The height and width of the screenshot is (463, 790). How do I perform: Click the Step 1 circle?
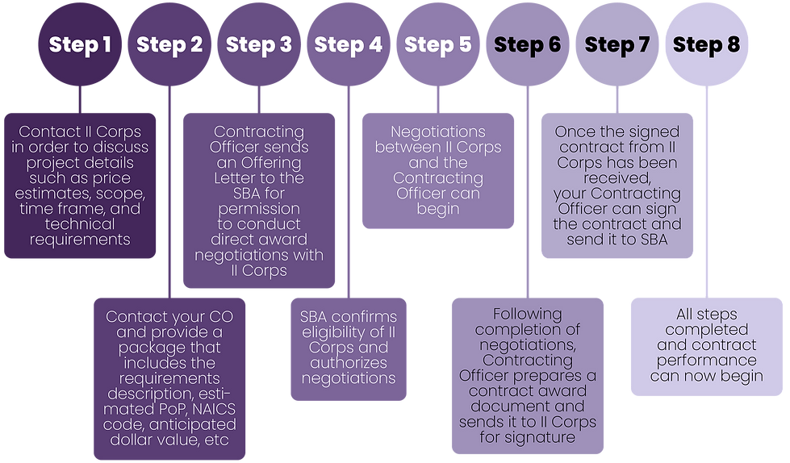(x=80, y=44)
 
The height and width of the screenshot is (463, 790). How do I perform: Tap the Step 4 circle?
(x=349, y=44)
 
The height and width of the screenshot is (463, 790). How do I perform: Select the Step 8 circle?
(x=707, y=44)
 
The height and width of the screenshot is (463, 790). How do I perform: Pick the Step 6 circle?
(x=528, y=44)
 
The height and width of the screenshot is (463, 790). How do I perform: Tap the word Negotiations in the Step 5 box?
(x=438, y=132)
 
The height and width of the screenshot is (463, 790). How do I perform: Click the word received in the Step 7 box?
(x=617, y=178)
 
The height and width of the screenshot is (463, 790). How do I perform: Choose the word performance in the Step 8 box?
(x=707, y=361)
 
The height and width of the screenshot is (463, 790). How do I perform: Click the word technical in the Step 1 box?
(x=80, y=224)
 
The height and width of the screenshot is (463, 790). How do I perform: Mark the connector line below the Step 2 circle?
(x=169, y=192)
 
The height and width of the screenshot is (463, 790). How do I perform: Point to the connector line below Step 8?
(x=707, y=192)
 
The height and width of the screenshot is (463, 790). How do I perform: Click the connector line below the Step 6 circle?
(x=528, y=192)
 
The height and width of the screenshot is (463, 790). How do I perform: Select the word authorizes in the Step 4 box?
(x=349, y=363)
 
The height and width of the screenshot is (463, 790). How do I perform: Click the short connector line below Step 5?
(x=438, y=100)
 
